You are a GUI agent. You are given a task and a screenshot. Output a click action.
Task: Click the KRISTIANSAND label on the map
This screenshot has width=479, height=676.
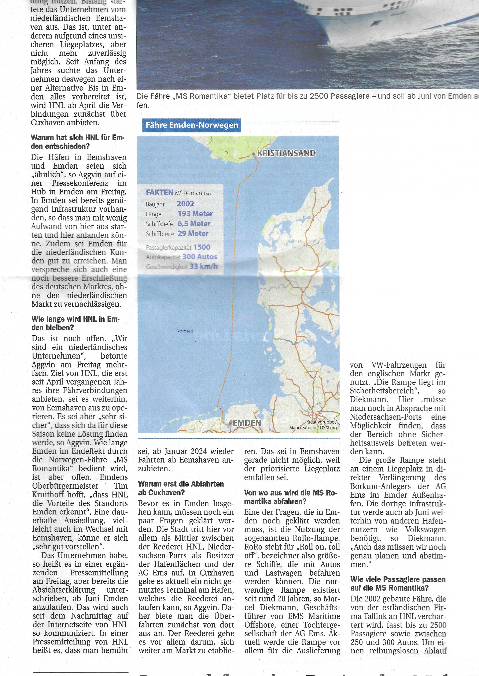point(286,153)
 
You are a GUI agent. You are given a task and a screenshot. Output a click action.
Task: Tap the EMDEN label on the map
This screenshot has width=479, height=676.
point(247,423)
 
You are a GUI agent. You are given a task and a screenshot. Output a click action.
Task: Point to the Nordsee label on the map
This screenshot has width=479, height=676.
point(185,331)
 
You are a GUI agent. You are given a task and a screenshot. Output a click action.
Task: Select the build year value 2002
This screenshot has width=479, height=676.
point(185,204)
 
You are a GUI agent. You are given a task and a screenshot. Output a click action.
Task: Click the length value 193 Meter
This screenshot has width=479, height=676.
point(195,214)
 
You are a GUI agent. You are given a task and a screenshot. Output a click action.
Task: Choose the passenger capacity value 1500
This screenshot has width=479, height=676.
point(202,247)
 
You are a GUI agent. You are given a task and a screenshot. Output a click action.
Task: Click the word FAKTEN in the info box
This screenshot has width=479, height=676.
point(159,193)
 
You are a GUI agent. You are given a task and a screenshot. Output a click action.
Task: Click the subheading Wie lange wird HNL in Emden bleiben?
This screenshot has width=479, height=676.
point(76,323)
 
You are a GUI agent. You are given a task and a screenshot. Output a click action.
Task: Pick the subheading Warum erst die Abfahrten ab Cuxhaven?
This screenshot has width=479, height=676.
point(181,488)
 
